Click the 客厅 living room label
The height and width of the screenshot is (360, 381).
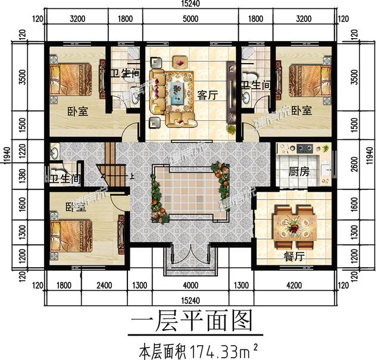tap(205, 94)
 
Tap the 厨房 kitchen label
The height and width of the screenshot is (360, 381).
tap(299, 173)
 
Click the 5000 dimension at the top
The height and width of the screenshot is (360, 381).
tap(190, 19)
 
